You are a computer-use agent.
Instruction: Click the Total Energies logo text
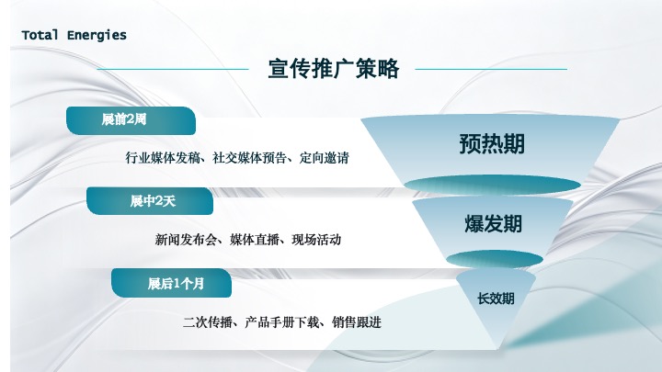point(74,35)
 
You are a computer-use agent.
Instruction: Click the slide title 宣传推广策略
point(333,69)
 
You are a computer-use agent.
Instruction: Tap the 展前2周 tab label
point(124,119)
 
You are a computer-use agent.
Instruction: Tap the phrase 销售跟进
point(359,322)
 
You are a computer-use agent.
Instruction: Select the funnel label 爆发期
point(493,224)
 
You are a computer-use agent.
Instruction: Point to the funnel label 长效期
point(495,299)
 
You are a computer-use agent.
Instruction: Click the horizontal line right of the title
point(491,69)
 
